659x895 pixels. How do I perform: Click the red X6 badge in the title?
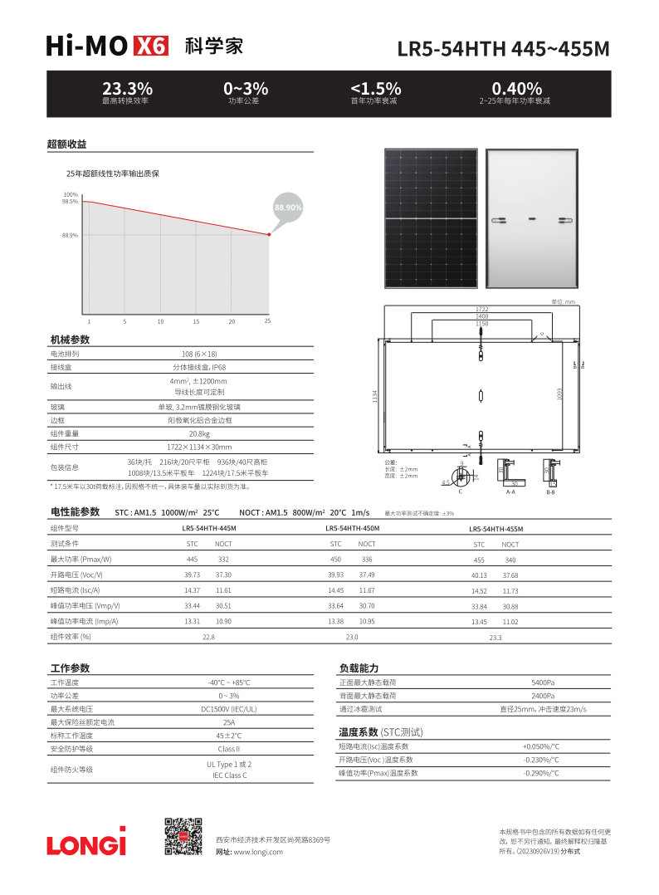pyautogui.click(x=150, y=46)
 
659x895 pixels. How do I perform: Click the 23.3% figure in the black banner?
pyautogui.click(x=127, y=88)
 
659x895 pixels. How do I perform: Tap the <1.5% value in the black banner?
pyautogui.click(x=375, y=88)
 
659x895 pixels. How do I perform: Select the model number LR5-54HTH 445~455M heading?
pyautogui.click(x=503, y=49)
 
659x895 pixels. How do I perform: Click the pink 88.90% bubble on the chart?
pyautogui.click(x=288, y=207)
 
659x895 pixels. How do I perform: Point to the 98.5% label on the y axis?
pyautogui.click(x=70, y=202)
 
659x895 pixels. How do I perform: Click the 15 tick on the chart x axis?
pyautogui.click(x=196, y=321)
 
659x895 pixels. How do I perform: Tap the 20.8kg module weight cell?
pyautogui.click(x=199, y=433)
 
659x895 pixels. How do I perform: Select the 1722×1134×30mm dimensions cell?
pyautogui.click(x=199, y=447)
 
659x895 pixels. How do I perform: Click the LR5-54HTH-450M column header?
pyautogui.click(x=353, y=528)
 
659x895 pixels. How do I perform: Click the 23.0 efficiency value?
pyautogui.click(x=352, y=637)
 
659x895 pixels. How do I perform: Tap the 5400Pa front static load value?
pyautogui.click(x=543, y=682)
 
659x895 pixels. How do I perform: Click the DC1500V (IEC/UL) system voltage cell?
pyautogui.click(x=228, y=709)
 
